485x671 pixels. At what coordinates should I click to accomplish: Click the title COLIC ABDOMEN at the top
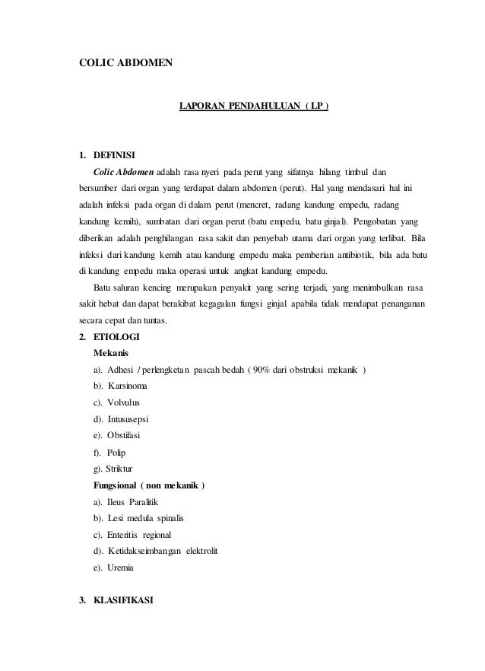pos(127,62)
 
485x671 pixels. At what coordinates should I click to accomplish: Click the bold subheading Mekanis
pos(110,353)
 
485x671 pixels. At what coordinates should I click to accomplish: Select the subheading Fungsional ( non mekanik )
pos(148,486)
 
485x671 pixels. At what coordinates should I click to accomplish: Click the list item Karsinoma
pos(139,386)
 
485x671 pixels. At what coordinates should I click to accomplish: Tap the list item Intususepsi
pos(139,419)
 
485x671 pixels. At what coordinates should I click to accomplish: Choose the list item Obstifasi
pos(135,436)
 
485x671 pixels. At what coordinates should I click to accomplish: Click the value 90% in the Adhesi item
pos(262,370)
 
